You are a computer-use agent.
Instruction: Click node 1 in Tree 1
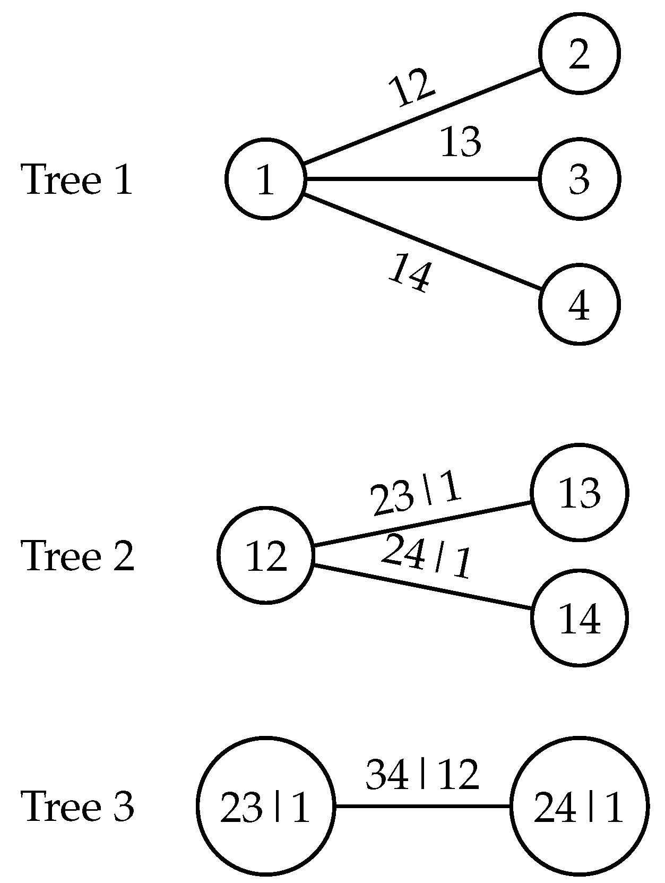pyautogui.click(x=265, y=178)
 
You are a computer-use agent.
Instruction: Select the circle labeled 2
pyautogui.click(x=579, y=53)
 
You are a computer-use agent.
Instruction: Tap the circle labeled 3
pyautogui.click(x=579, y=178)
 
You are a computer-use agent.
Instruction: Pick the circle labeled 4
pyautogui.click(x=579, y=304)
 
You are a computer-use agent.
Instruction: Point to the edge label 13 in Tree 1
pyautogui.click(x=461, y=142)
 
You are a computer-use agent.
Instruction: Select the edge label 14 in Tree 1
pyautogui.click(x=409, y=272)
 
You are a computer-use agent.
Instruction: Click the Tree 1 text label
pyautogui.click(x=77, y=179)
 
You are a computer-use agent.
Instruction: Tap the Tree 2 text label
pyautogui.click(x=77, y=556)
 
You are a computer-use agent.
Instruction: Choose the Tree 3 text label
pyautogui.click(x=77, y=806)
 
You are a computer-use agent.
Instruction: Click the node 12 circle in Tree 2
pyautogui.click(x=265, y=555)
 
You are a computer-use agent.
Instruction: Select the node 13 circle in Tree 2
pyautogui.click(x=579, y=493)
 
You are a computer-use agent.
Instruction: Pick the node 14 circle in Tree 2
pyautogui.click(x=579, y=618)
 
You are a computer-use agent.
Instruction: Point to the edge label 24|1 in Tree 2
pyautogui.click(x=426, y=556)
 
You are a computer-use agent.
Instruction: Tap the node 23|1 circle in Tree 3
pyautogui.click(x=265, y=806)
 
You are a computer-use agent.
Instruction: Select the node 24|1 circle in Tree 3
pyautogui.click(x=579, y=806)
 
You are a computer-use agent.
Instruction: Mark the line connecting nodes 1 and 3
pyautogui.click(x=422, y=179)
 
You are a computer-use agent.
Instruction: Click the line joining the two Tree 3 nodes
pyautogui.click(x=422, y=806)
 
